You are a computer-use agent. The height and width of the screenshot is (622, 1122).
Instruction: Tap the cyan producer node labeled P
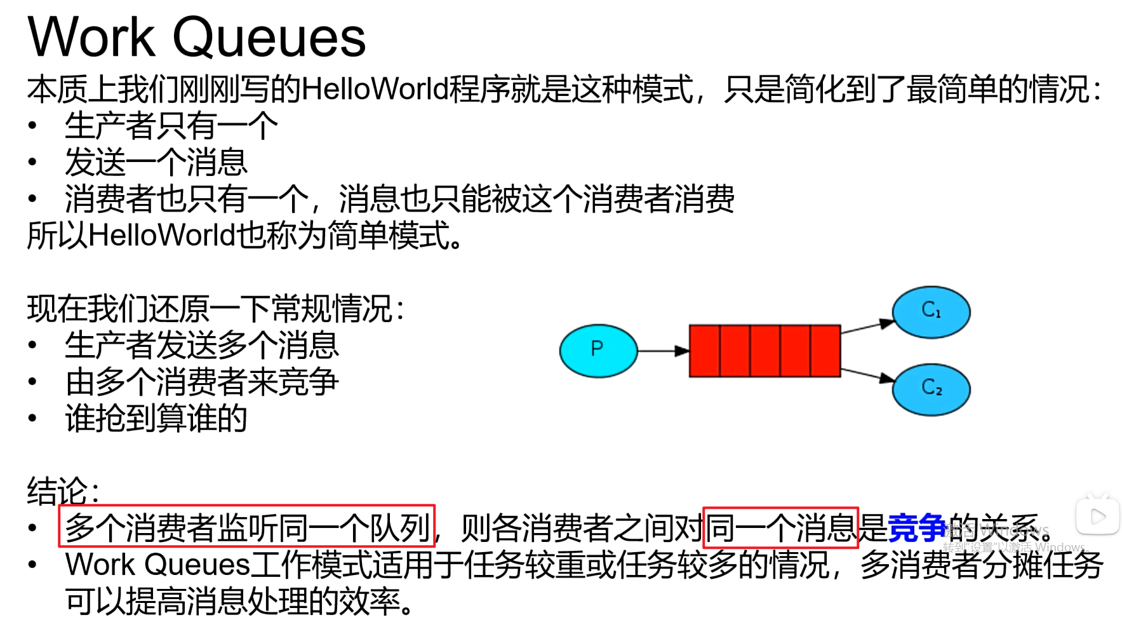(598, 350)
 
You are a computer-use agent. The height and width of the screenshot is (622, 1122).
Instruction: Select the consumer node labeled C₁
(931, 311)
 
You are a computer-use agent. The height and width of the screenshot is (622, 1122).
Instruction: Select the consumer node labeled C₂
(931, 389)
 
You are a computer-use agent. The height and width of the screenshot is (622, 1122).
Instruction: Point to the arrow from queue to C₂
(867, 374)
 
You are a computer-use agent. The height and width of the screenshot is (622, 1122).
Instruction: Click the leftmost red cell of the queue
(705, 351)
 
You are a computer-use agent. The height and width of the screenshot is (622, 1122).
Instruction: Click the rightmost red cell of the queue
(825, 351)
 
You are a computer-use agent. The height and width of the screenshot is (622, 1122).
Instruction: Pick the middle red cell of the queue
(765, 351)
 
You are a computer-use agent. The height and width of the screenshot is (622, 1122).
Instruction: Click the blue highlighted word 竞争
(916, 527)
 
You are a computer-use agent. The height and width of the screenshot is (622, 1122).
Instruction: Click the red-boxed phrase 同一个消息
(780, 527)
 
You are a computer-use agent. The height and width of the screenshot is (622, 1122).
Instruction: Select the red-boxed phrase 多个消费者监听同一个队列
(246, 527)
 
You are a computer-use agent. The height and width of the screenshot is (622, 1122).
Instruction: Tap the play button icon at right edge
(1097, 516)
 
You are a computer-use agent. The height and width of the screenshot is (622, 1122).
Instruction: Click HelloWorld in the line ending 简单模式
(162, 236)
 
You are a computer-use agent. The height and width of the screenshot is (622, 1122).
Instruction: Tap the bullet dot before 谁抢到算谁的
(33, 418)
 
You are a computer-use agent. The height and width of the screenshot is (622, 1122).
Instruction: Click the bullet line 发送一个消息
(156, 162)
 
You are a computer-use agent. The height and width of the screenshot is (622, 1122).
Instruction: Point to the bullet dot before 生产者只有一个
(33, 126)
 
